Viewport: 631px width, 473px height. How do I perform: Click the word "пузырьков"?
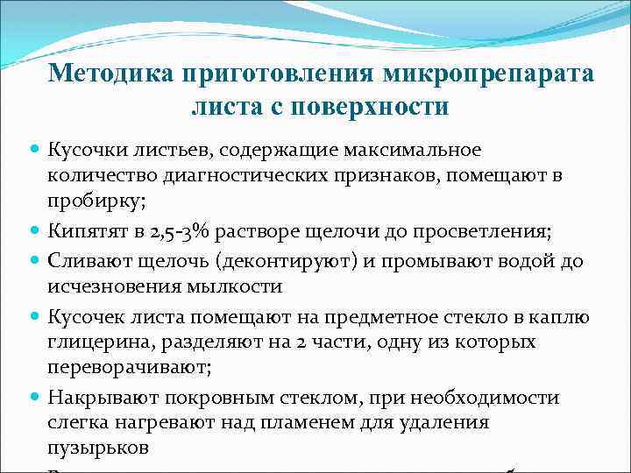pos(92,447)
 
